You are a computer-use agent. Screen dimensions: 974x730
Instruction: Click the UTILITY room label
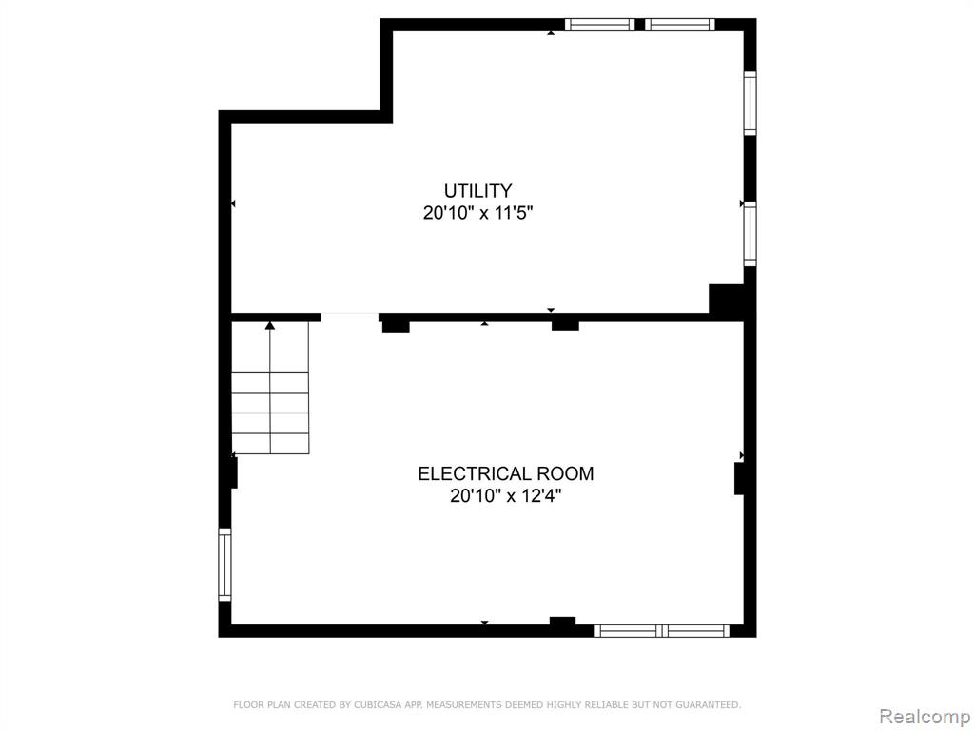pyautogui.click(x=477, y=190)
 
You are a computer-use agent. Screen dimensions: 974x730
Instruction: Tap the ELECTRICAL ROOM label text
pyautogui.click(x=506, y=473)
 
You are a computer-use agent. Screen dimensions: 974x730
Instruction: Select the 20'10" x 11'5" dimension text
pyautogui.click(x=478, y=213)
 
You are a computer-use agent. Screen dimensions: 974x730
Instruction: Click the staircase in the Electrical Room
pyautogui.click(x=270, y=388)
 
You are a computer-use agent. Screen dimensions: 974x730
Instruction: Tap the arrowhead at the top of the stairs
pyautogui.click(x=269, y=325)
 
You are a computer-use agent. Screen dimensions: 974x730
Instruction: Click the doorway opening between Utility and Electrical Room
pyautogui.click(x=350, y=317)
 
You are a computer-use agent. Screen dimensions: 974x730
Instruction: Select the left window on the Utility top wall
pyautogui.click(x=600, y=25)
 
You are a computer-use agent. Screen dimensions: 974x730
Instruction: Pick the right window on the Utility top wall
pyautogui.click(x=679, y=25)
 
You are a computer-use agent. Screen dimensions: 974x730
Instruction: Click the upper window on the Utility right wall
pyautogui.click(x=750, y=103)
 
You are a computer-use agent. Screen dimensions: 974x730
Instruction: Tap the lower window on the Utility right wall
pyautogui.click(x=750, y=234)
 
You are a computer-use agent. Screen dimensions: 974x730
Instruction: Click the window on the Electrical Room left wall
pyautogui.click(x=224, y=565)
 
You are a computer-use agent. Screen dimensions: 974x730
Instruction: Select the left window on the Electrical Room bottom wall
pyautogui.click(x=628, y=631)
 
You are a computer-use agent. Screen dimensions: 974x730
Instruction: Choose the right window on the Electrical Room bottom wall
pyautogui.click(x=695, y=631)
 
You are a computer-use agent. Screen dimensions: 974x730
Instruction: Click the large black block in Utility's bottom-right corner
pyautogui.click(x=727, y=299)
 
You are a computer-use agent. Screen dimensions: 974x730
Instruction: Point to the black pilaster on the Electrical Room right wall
pyautogui.click(x=739, y=479)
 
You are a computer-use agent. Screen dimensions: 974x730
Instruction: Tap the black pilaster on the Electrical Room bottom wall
pyautogui.click(x=563, y=621)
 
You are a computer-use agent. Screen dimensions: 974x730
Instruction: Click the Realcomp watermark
pyautogui.click(x=925, y=716)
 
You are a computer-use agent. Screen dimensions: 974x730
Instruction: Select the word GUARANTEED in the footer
pyautogui.click(x=707, y=704)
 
